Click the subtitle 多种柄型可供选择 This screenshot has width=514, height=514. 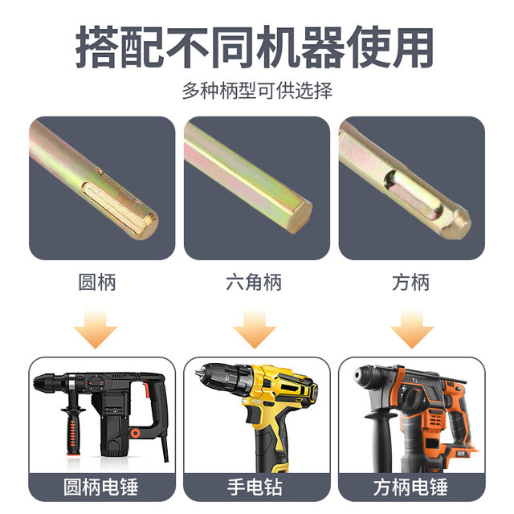[x=256, y=90]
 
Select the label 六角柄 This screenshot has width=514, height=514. [x=254, y=282]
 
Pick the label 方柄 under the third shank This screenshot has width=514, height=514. [x=410, y=282]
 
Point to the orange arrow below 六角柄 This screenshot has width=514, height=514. [x=254, y=327]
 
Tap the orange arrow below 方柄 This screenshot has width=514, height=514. [x=410, y=327]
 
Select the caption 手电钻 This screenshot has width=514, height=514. [x=256, y=487]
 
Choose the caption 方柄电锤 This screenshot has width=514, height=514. [x=411, y=487]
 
